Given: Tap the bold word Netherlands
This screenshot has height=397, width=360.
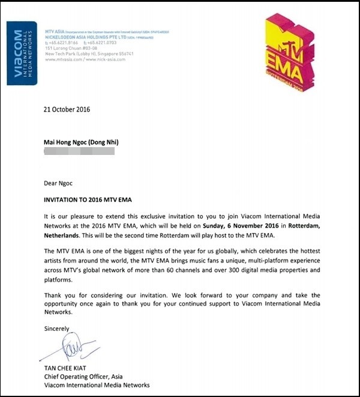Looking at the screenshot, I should pos(65,232).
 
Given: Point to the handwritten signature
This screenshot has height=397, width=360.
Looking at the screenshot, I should pos(70,350).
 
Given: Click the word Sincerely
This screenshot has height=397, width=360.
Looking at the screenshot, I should pos(56,329).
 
